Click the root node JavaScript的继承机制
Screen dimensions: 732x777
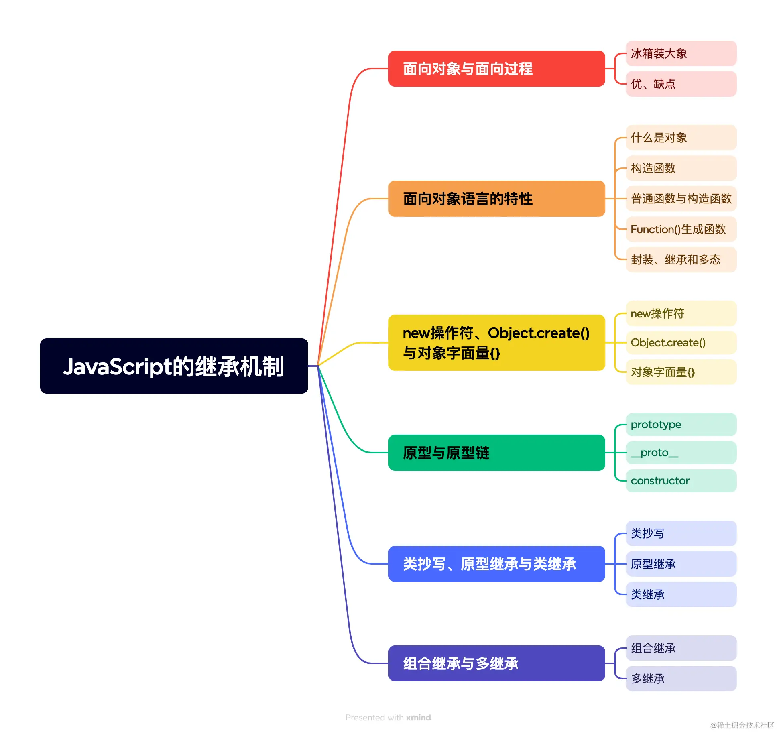[174, 366]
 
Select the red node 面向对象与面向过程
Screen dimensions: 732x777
[496, 69]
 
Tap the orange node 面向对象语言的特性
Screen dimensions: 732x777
[496, 199]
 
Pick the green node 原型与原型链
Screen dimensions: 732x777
[496, 453]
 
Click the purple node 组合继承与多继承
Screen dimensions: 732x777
[496, 663]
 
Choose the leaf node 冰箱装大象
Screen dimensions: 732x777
[681, 53]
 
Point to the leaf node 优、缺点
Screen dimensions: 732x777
[681, 84]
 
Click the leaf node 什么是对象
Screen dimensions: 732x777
[681, 138]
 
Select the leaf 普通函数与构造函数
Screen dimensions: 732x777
[681, 199]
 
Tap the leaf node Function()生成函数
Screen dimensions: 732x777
[681, 229]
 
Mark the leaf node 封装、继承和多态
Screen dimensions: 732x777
[681, 260]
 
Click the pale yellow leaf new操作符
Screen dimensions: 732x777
[681, 313]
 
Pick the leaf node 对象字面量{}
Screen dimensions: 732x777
[681, 372]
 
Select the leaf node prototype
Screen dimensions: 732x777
[681, 425]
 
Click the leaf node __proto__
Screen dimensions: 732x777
[681, 453]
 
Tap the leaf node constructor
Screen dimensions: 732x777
[681, 481]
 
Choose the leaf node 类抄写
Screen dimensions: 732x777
[681, 533]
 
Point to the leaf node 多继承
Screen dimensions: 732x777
[681, 679]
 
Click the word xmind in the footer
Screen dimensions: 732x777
[418, 718]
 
